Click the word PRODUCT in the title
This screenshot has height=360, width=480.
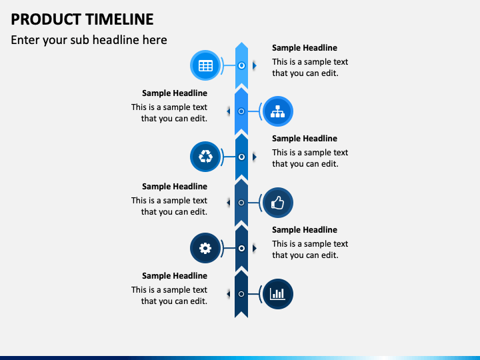coord(46,19)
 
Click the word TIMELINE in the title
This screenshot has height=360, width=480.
coord(119,19)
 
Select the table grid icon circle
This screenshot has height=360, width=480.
coord(205,65)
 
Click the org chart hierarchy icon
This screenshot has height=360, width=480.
coord(277,111)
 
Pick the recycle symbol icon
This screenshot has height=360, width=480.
coord(205,157)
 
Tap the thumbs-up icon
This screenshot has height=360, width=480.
coord(277,203)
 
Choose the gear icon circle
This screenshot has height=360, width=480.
coord(205,248)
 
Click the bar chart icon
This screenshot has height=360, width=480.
coord(277,294)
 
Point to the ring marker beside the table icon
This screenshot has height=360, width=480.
coord(241,65)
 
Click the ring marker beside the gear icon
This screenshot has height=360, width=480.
coord(241,248)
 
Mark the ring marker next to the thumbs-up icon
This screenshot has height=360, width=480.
coord(241,203)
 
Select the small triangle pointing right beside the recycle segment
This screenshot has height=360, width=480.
coord(255,157)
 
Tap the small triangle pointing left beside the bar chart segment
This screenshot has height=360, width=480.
coord(229,294)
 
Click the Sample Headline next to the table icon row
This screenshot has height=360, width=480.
coord(305,48)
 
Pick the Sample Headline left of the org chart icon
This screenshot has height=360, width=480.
coord(175,93)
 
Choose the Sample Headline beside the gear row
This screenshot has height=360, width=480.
coord(305,229)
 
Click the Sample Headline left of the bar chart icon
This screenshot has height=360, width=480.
coord(175,276)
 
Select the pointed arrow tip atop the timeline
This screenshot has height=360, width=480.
coord(241,42)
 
